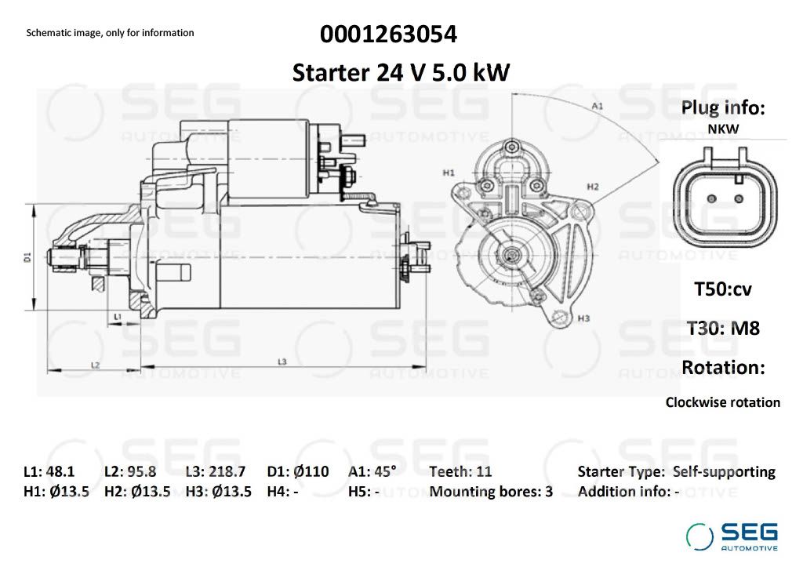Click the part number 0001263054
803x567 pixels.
coord(388,35)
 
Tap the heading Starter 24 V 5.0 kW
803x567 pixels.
coord(401,72)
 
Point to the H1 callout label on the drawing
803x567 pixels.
coord(448,173)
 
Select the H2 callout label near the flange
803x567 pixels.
coord(593,187)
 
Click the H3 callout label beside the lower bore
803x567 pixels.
coord(583,318)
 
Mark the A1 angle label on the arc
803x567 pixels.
coord(597,106)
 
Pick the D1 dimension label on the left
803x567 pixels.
coord(27,256)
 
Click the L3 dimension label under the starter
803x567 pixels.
coord(282,362)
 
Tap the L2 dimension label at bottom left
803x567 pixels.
coord(95,365)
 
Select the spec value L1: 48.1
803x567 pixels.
coord(49,471)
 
